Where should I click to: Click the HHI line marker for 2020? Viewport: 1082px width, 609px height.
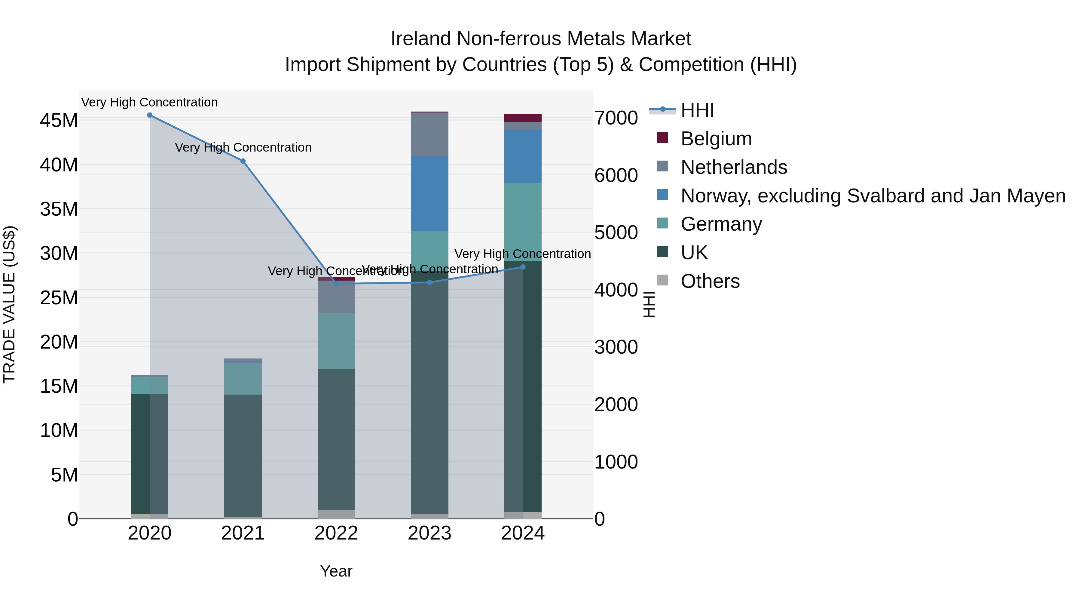[x=150, y=115]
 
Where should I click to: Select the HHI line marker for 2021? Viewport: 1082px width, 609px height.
[x=243, y=161]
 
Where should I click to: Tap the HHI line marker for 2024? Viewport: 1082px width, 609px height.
[x=523, y=267]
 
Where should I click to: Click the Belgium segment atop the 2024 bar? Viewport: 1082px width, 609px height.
[x=523, y=118]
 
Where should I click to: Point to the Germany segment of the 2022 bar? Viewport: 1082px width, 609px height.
[x=336, y=341]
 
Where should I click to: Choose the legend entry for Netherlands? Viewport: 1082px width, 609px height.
[x=733, y=167]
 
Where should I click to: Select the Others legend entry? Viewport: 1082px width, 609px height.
[x=710, y=281]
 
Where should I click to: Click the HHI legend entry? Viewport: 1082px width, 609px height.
[x=697, y=110]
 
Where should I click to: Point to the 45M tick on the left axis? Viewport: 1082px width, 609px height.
[x=59, y=121]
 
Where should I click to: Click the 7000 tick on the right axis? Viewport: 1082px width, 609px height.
[x=616, y=118]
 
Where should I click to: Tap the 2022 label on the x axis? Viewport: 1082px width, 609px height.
[x=336, y=533]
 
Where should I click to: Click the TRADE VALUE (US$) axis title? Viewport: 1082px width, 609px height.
[x=9, y=304]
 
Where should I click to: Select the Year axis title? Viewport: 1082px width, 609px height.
[x=336, y=571]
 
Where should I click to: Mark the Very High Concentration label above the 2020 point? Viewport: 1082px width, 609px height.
[x=150, y=102]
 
